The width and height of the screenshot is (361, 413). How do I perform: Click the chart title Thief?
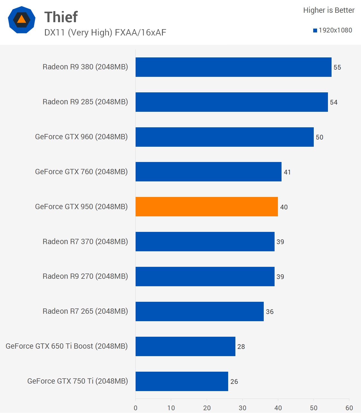(x=61, y=17)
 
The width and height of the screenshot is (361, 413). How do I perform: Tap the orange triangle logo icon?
(x=21, y=19)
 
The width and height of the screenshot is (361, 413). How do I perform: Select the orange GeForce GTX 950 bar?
(x=206, y=207)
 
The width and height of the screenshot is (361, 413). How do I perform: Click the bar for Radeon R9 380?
(x=233, y=67)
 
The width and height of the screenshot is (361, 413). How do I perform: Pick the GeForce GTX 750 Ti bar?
(x=182, y=381)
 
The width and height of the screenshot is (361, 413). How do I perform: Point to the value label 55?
(x=337, y=67)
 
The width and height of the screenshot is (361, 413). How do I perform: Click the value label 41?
(x=287, y=172)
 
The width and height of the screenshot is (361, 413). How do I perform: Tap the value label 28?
(x=241, y=347)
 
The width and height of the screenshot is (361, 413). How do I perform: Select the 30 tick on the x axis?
(x=242, y=408)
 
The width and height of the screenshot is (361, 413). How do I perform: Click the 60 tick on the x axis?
(x=349, y=408)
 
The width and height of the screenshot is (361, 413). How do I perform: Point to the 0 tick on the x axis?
(x=136, y=408)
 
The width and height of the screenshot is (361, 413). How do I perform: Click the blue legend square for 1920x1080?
(x=315, y=31)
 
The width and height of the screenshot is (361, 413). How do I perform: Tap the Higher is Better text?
(x=329, y=10)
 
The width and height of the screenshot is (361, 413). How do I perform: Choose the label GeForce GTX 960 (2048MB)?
(x=81, y=137)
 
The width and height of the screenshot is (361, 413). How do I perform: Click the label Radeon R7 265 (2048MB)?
(x=85, y=311)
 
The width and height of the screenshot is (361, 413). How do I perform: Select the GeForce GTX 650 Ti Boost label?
(x=67, y=346)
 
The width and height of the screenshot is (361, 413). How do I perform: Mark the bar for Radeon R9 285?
(x=231, y=102)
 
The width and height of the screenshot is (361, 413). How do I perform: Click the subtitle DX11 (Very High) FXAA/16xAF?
(x=105, y=32)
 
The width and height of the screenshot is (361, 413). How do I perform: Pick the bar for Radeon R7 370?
(x=205, y=242)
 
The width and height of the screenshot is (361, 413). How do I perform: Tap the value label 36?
(x=270, y=312)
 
